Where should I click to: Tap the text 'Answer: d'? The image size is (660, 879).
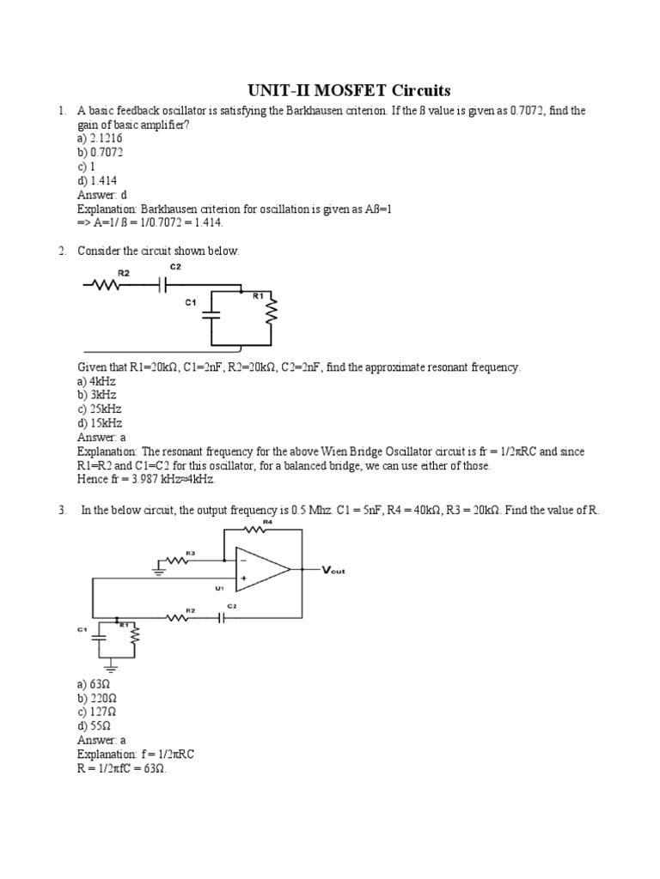point(102,194)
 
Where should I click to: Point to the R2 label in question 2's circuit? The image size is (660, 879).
point(124,272)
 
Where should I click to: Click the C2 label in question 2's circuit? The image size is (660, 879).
point(175,267)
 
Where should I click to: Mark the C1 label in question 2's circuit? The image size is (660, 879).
point(191,302)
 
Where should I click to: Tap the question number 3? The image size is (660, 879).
point(62,510)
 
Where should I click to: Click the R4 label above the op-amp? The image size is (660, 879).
point(267,522)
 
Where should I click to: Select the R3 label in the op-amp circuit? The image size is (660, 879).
point(190,553)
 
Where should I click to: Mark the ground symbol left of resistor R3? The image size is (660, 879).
point(161,567)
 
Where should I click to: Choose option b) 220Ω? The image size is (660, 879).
point(96,698)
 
